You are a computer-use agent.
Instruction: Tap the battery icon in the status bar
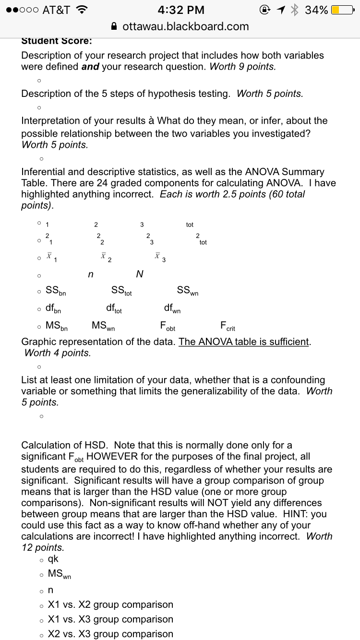tap(342, 10)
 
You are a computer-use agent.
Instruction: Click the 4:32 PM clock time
tap(180, 10)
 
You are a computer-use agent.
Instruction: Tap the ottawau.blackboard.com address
tap(185, 26)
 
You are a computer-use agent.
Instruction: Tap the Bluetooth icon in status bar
tap(295, 10)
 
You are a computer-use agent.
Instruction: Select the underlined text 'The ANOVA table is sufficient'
tap(244, 342)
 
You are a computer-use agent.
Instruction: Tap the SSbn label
tap(56, 291)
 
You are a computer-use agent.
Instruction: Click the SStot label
tap(121, 291)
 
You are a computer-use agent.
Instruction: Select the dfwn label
tap(172, 309)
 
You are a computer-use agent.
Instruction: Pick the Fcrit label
tap(227, 327)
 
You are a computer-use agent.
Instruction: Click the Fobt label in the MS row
tap(168, 327)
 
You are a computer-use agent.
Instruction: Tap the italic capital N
tap(140, 274)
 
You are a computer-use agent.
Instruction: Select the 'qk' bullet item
tap(53, 558)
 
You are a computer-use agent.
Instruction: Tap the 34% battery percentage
tap(316, 10)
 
